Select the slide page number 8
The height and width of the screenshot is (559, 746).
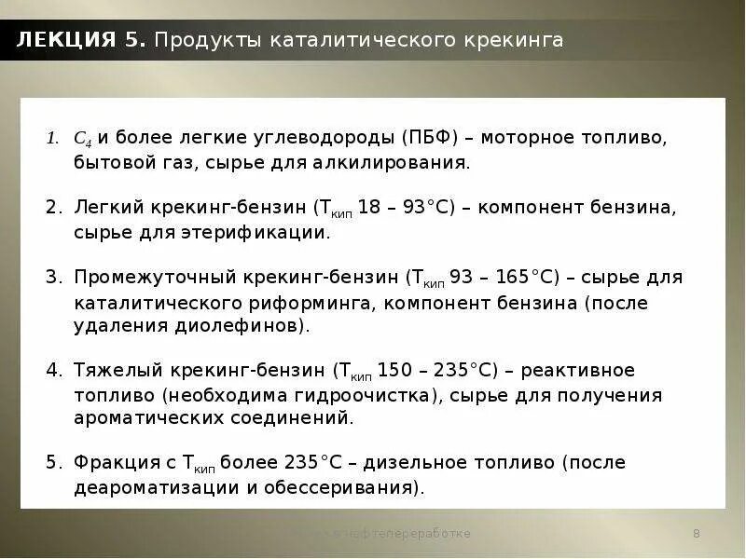click(x=697, y=534)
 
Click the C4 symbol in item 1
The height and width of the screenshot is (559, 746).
click(x=81, y=139)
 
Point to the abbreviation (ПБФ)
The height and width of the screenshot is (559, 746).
click(x=431, y=138)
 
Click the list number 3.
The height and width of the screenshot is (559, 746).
click(x=52, y=278)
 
